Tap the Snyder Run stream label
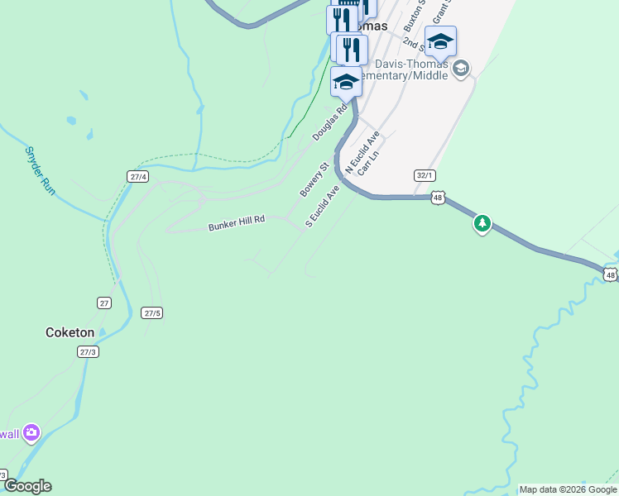[40, 171]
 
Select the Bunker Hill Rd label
[237, 222]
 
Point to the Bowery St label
[314, 179]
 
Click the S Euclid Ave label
[323, 206]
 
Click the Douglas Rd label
[329, 122]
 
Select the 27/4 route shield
[138, 177]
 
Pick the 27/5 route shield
[151, 312]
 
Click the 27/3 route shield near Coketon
[89, 351]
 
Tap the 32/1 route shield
[425, 175]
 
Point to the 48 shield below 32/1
[438, 198]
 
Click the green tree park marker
[482, 223]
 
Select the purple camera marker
[31, 432]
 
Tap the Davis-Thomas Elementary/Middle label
[411, 69]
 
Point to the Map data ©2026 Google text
[568, 489]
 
